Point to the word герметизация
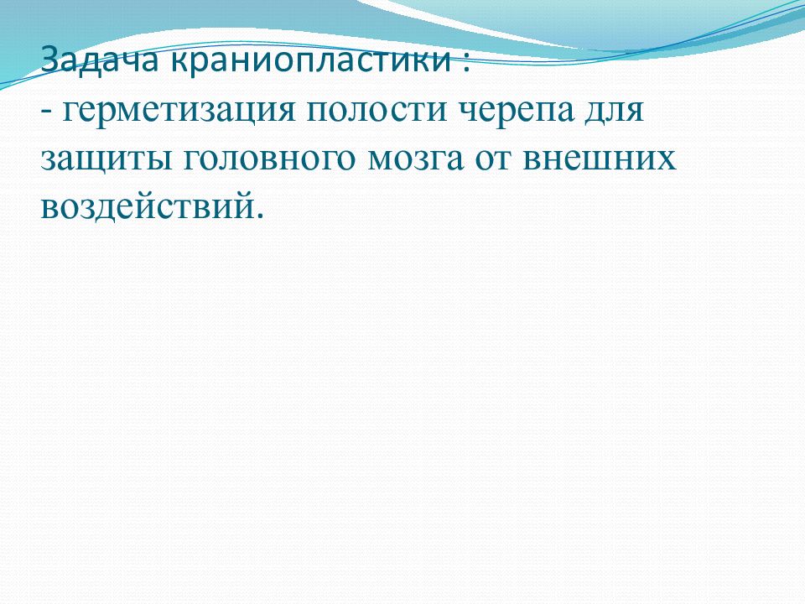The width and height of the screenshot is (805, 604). click(179, 111)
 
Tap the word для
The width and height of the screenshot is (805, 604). click(614, 111)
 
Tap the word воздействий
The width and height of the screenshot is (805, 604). click(146, 206)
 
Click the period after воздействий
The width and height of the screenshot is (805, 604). click(258, 216)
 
